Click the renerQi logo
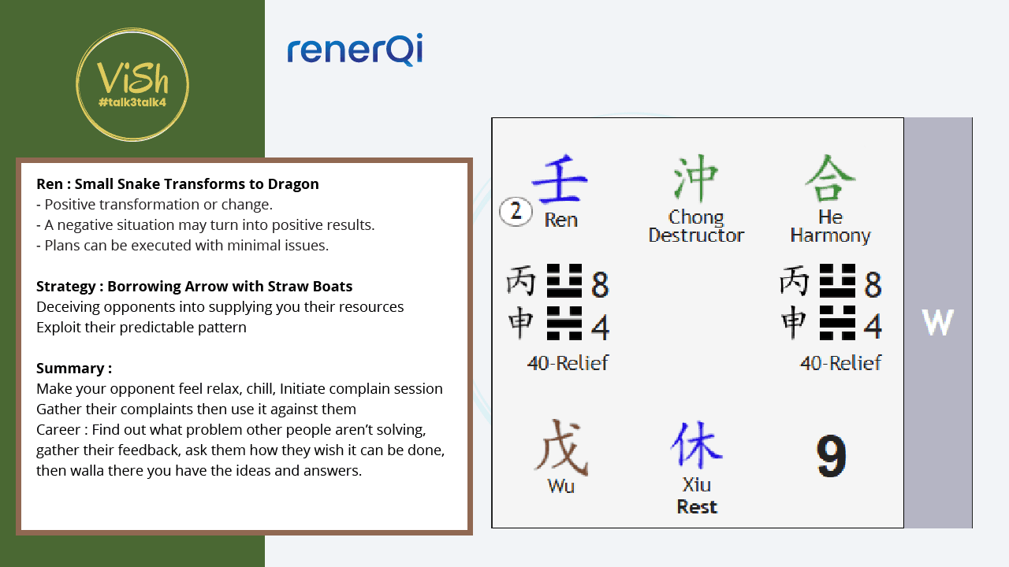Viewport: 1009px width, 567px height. coord(355,50)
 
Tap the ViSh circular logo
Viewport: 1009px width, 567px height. coord(132,84)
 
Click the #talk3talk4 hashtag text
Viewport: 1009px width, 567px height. coord(132,102)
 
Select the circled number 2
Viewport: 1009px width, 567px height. coord(516,211)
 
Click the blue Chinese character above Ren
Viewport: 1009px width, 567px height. coord(560,178)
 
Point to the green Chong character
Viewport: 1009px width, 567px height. coord(695,178)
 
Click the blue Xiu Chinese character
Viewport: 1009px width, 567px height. coord(696,445)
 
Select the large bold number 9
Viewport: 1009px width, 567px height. coord(832,456)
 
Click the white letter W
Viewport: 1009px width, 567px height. coord(937,322)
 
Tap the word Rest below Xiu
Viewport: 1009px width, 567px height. coord(697,506)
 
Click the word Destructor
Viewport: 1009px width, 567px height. coord(696,235)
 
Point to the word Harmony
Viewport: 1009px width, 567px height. coord(830,235)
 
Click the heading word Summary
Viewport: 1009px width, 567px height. coord(70,369)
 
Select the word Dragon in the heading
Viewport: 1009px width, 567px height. coord(293,184)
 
